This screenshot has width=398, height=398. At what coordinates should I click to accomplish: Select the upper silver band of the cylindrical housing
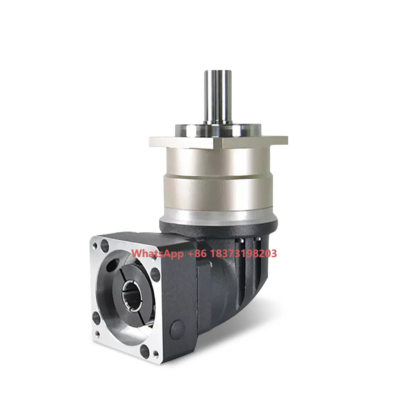tap(218, 161)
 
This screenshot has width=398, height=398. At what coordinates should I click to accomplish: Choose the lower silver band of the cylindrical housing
tap(218, 193)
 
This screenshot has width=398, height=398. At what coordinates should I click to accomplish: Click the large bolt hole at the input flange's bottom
tap(145, 351)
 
